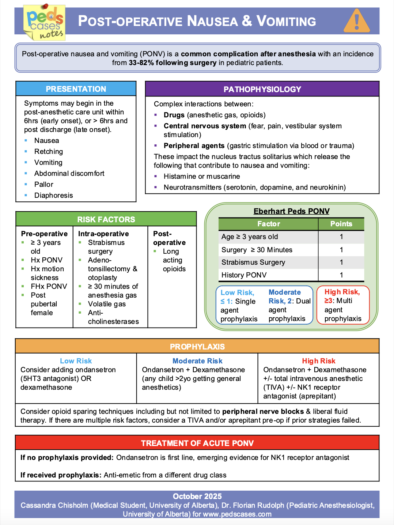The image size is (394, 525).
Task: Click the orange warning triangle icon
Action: pos(357,21)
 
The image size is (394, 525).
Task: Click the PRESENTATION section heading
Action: pos(76,89)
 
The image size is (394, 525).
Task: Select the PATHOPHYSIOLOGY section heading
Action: pos(262,90)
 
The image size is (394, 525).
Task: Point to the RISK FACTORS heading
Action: pos(106,220)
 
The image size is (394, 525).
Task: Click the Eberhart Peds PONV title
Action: pos(291,211)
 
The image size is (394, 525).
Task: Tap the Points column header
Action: pos(341,224)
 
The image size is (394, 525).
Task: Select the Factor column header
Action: pos(269,224)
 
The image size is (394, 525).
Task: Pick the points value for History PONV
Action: pos(341,275)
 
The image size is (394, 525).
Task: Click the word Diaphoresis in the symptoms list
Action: pos(54,195)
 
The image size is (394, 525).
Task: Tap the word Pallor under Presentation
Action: pos(44,184)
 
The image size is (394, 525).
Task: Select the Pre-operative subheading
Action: pos(44,234)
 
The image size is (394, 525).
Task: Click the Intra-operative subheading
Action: pos(103,234)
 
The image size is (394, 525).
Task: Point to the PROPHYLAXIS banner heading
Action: pos(197,347)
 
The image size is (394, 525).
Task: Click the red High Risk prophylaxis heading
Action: pos(318,361)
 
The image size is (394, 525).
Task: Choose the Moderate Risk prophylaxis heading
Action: pos(197,361)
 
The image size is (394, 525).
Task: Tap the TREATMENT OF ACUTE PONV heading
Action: pos(197,443)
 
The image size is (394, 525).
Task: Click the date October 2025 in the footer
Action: pos(197,496)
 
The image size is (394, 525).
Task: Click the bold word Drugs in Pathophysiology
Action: pos(174,115)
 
